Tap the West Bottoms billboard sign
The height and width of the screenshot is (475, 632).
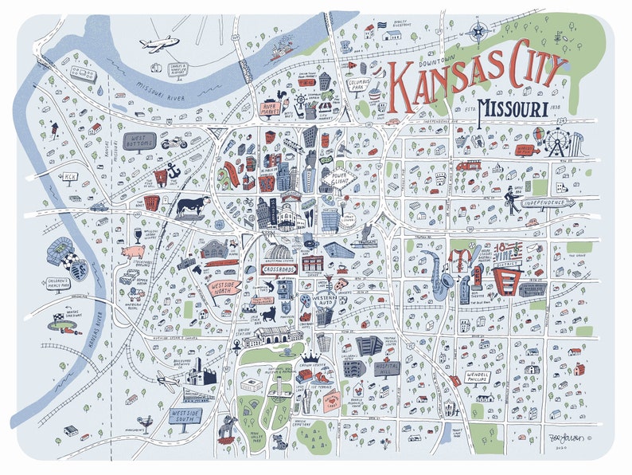tap(138, 142)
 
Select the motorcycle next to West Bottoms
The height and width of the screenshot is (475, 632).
tap(174, 143)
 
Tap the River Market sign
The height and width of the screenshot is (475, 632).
tap(272, 109)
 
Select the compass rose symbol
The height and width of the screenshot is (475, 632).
tap(478, 32)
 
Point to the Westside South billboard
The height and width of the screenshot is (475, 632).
tap(185, 418)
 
